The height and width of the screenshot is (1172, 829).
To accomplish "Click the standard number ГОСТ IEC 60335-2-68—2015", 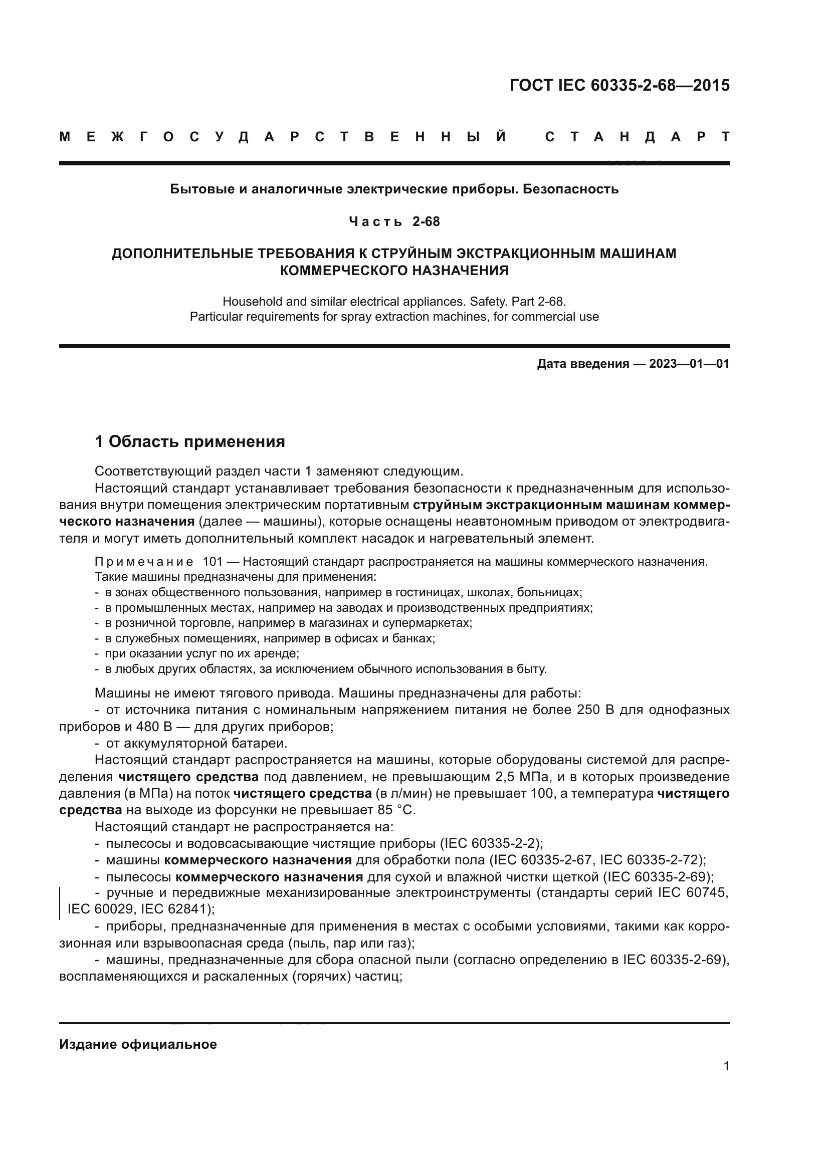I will [619, 85].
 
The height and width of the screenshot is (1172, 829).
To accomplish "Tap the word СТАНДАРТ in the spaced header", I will [637, 137].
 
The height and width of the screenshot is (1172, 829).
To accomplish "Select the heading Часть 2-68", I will [394, 221].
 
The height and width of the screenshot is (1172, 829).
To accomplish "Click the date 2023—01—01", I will [689, 364].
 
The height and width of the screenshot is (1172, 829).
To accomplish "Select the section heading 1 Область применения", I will [190, 441].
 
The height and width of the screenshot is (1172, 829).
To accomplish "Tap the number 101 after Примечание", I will [213, 562].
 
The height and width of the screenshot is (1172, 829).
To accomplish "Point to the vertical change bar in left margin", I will [60, 902].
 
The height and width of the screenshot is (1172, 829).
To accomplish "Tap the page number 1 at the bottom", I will [726, 1066].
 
